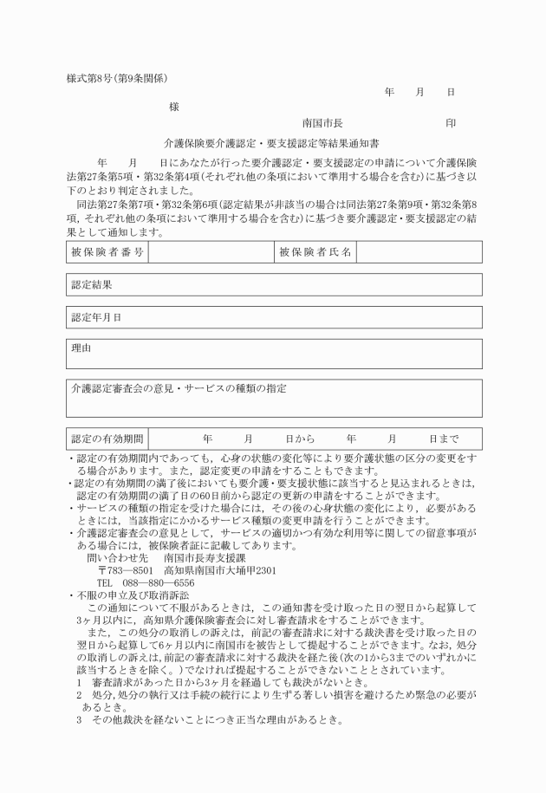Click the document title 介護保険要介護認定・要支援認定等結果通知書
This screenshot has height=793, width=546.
272,143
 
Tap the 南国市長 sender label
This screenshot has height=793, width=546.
322,123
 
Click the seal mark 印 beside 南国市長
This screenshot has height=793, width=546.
451,123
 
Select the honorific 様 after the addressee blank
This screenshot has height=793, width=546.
174,106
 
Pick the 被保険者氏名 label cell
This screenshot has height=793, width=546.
315,251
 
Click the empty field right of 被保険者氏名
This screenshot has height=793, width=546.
418,251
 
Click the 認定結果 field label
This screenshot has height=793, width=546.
91,284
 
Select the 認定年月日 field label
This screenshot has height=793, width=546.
96,317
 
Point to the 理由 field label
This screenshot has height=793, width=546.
81,348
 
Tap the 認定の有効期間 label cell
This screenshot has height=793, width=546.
107,439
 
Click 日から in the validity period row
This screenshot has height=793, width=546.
299,439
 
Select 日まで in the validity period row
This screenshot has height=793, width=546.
444,439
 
